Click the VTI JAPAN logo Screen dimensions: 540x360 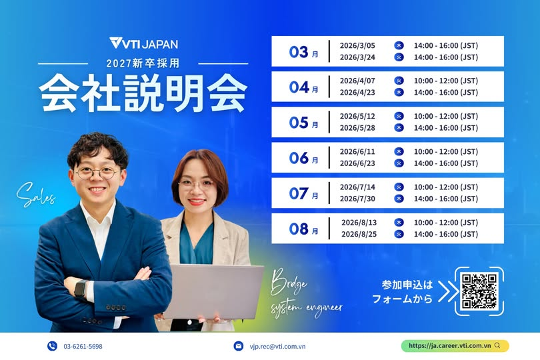(x=143, y=43)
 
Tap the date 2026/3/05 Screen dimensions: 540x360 (x=357, y=45)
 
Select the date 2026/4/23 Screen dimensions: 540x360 (x=357, y=92)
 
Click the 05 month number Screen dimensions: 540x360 (x=299, y=123)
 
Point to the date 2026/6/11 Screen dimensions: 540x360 (x=357, y=151)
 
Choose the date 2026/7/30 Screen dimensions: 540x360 (x=357, y=199)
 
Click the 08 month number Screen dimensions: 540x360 (x=299, y=229)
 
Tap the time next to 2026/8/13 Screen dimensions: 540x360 (x=445, y=223)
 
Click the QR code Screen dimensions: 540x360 (x=479, y=291)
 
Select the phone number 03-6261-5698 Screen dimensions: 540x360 (x=83, y=346)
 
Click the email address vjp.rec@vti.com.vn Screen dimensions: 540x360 (x=277, y=346)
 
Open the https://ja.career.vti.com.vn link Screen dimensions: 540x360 (x=450, y=345)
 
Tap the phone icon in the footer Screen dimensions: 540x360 (x=52, y=346)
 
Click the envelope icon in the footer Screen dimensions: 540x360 (x=238, y=346)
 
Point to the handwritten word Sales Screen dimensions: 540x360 (x=36, y=194)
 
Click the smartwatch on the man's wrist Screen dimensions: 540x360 (x=81, y=288)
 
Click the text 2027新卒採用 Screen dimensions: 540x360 (x=143, y=63)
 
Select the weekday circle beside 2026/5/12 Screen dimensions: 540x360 (x=399, y=116)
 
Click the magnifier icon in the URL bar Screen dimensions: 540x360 (x=497, y=345)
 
